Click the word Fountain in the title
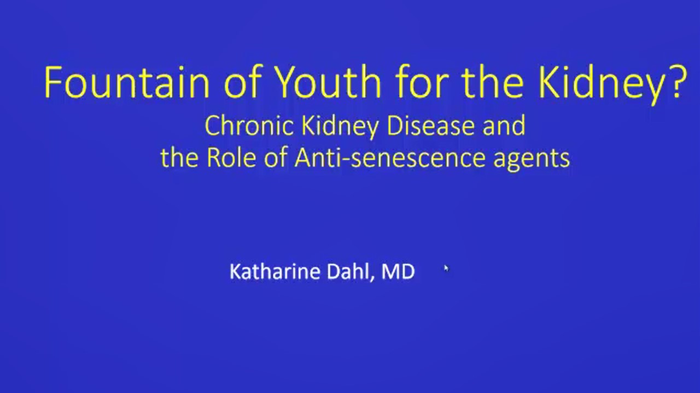point(127,82)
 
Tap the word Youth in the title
point(328,82)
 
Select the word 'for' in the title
point(421,81)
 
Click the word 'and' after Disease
point(504,126)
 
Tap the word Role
point(231,158)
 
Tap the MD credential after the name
point(398,271)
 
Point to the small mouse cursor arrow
point(446,269)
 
